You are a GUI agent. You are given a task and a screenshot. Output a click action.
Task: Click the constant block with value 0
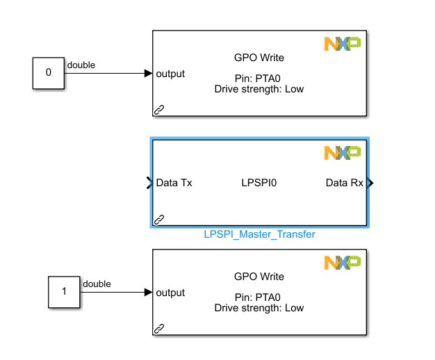[48, 73]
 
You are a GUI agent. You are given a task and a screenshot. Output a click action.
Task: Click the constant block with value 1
[65, 292]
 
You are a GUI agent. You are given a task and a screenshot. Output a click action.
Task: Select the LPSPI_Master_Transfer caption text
[259, 234]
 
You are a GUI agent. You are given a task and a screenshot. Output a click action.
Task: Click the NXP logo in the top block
[342, 44]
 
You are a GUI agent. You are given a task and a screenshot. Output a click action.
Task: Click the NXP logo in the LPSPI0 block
[342, 152]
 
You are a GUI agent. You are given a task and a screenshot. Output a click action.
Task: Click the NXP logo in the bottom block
[342, 263]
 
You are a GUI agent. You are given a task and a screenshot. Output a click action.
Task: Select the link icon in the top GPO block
[159, 109]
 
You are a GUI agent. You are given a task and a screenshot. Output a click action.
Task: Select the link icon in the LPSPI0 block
[159, 220]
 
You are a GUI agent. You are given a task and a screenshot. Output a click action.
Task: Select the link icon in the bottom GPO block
[159, 328]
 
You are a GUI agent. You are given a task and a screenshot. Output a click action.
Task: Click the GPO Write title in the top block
[259, 58]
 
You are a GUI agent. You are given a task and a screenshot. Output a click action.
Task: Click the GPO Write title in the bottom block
[259, 277]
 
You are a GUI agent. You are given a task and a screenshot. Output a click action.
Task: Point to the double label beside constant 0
[81, 65]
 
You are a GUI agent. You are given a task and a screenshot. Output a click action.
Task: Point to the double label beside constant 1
[97, 284]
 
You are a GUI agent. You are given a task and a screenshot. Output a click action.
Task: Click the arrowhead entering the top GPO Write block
[148, 74]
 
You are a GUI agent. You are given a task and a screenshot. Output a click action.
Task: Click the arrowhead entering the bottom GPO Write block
[148, 293]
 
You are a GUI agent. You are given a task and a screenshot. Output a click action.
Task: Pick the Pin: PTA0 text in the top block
[259, 79]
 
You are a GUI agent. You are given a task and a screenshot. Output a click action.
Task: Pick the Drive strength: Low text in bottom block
[259, 308]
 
